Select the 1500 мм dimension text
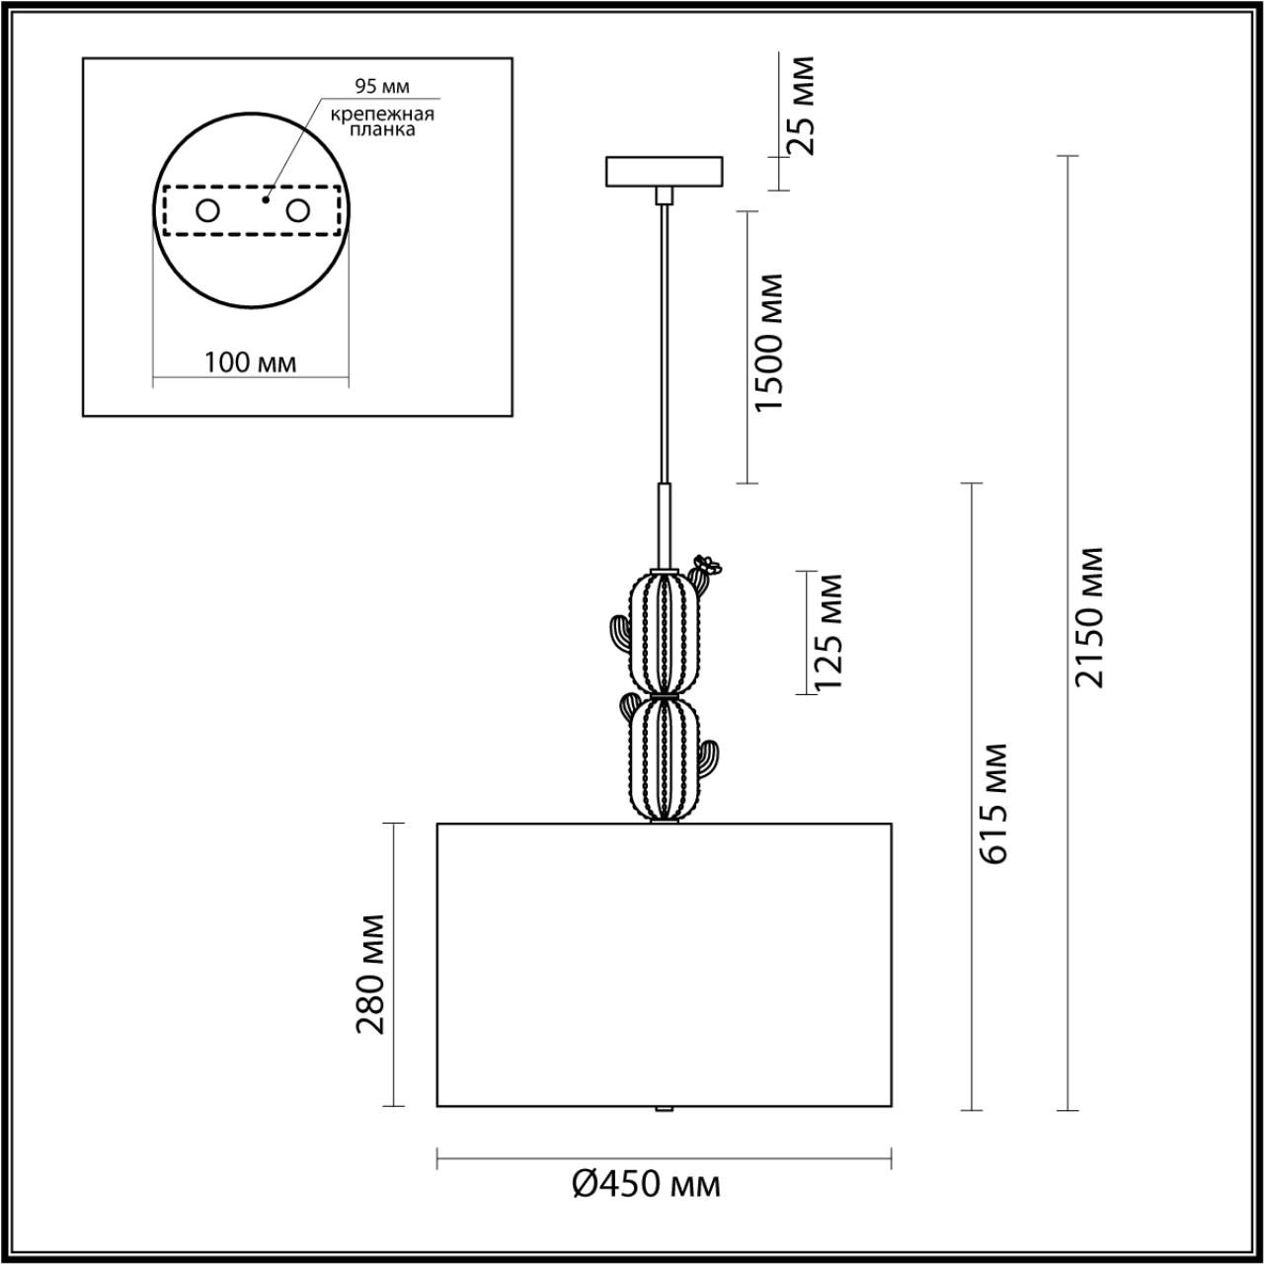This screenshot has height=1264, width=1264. point(767,343)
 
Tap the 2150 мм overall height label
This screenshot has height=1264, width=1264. point(1090,616)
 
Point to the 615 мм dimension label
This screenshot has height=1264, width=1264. point(994,803)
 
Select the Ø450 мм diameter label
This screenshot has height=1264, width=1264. point(647,1182)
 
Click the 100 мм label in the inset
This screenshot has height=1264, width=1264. point(250,362)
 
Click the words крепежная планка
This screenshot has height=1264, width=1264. point(382,121)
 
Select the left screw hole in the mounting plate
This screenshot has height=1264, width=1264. point(207,210)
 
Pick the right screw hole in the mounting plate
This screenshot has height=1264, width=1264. point(297,210)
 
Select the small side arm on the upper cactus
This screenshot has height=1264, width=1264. point(618,635)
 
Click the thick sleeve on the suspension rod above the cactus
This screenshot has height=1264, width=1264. point(666,523)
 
